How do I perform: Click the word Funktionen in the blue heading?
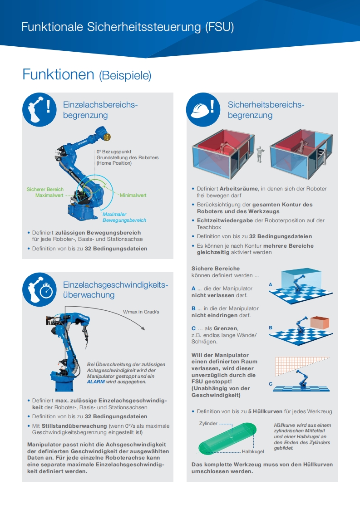point(58,74)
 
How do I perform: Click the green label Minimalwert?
point(133,195)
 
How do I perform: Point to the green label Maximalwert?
point(49,195)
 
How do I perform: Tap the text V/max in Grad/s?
point(141,312)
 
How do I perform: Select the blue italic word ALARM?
point(96,382)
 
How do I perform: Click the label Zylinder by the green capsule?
point(208,423)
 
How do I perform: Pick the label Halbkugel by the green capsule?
point(252,452)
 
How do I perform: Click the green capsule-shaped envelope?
point(227,438)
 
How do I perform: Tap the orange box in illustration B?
point(320,323)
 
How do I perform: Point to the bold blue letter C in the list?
point(193,328)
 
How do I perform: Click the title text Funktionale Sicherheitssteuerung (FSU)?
point(128,27)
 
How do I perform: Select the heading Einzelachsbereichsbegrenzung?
point(100,110)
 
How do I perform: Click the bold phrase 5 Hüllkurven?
point(265,411)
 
